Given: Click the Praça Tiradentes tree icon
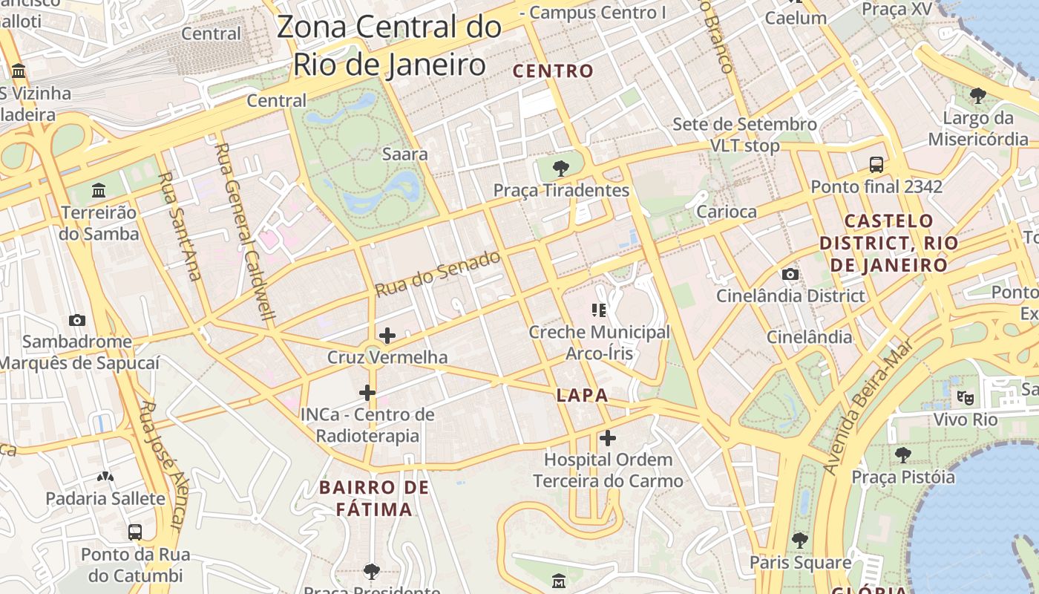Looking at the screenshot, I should [x=561, y=168].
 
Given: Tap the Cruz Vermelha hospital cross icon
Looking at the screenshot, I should [x=387, y=336].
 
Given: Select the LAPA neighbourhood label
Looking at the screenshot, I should [x=583, y=396].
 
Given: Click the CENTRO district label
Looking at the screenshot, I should [x=554, y=71].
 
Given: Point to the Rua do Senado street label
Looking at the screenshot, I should [x=438, y=274].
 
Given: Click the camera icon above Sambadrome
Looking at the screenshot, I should [x=76, y=320].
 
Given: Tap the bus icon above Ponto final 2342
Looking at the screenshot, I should [x=876, y=164].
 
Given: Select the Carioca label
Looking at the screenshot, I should [x=726, y=212].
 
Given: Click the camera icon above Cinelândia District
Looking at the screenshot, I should [x=790, y=274].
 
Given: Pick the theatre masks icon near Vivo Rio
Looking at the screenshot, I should [x=965, y=397].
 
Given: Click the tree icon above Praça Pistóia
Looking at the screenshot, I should [x=902, y=454].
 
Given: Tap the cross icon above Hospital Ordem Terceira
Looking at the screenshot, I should [x=608, y=438].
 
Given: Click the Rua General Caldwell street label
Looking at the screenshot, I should [x=245, y=231].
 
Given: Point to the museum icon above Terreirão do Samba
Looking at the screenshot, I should [x=99, y=191].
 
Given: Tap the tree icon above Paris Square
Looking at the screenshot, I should [x=799, y=540].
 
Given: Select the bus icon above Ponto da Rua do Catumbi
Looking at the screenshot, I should [x=135, y=532].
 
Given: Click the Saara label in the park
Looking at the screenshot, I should [x=404, y=154].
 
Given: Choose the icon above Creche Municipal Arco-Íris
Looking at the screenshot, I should [x=599, y=310].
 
